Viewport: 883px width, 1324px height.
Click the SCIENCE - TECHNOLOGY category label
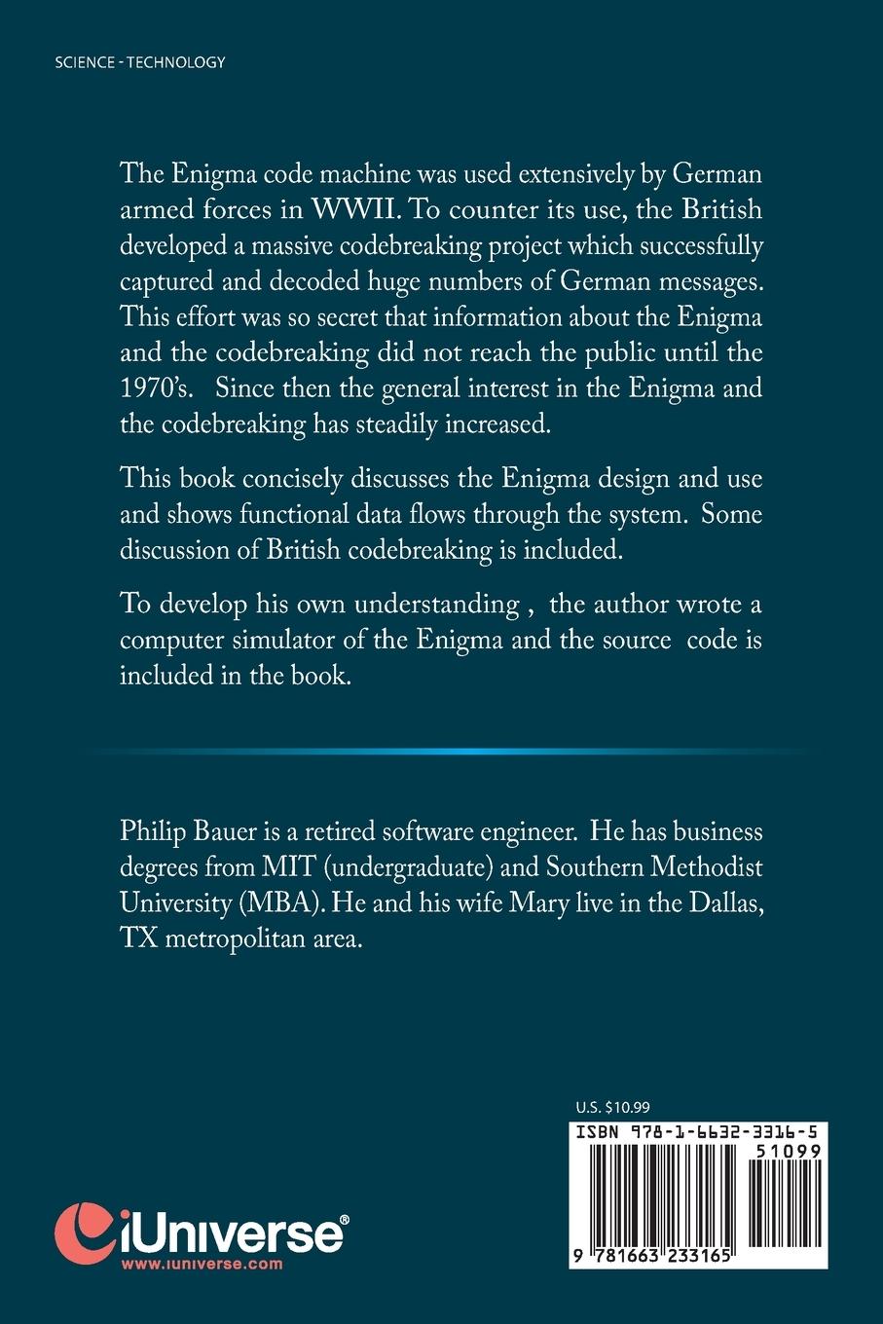(x=140, y=62)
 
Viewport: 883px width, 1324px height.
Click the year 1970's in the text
(x=156, y=387)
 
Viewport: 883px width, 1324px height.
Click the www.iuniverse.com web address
(x=202, y=1264)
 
